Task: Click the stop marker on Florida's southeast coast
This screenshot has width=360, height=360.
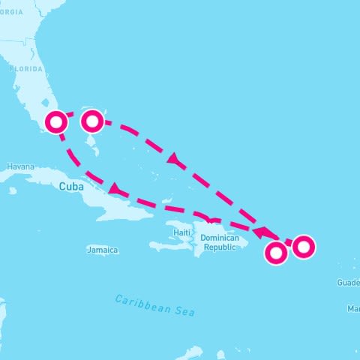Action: coord(55,121)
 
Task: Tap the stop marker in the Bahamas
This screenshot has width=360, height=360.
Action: coord(91,120)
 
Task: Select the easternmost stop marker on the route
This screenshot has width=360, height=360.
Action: coord(304,246)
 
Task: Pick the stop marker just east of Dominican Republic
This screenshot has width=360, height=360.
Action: coord(276,254)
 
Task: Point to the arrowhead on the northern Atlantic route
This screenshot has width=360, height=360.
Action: coord(174,160)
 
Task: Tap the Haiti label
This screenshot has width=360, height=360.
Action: coord(181,232)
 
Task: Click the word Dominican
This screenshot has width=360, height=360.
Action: coord(219,238)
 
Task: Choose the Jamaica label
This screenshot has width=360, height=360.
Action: coord(102,250)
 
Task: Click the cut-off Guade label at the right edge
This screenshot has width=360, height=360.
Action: coord(349,283)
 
